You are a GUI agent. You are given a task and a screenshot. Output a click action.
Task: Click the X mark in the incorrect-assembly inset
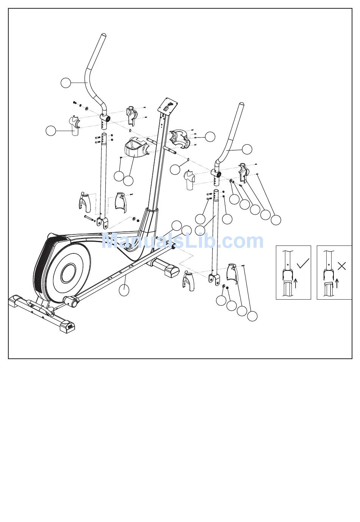[x=341, y=266]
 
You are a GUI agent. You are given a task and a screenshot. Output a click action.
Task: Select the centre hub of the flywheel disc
[x=68, y=273]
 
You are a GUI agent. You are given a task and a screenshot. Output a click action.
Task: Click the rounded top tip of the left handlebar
[x=103, y=36]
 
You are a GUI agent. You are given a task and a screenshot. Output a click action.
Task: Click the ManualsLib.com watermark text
[x=182, y=241]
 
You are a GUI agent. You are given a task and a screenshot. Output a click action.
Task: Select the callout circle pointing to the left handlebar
[x=66, y=83]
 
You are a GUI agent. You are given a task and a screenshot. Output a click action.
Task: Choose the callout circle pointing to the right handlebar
[x=247, y=149]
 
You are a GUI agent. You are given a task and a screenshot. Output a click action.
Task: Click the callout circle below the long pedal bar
[x=124, y=290]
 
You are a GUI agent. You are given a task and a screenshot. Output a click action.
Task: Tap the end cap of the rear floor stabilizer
[x=170, y=270]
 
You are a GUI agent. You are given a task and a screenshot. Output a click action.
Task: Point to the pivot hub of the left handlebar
[x=106, y=119]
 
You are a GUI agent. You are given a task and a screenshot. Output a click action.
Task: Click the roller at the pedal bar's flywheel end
[x=71, y=302]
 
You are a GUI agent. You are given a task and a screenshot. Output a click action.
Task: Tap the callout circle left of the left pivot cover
[x=50, y=131]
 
